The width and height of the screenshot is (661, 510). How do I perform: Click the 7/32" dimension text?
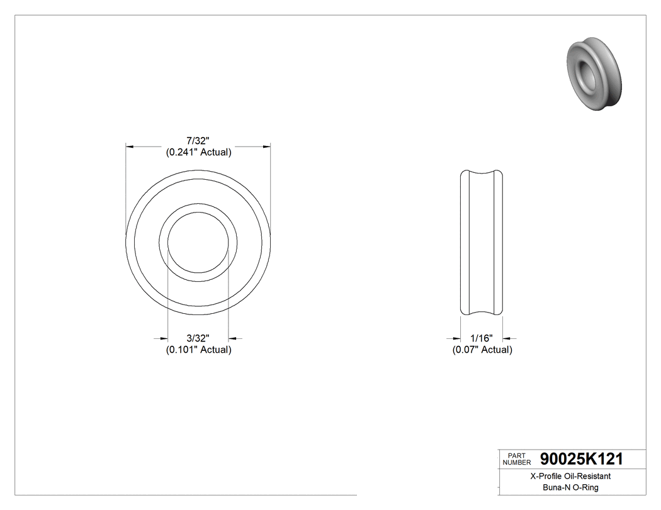[198, 140]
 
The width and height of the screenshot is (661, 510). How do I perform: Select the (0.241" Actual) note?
[198, 152]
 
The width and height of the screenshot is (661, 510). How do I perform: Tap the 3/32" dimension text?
[198, 338]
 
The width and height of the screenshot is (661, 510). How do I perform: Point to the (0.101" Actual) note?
[198, 350]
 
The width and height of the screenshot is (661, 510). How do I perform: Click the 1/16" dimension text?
[482, 338]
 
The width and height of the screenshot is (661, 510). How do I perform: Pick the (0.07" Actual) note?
[482, 350]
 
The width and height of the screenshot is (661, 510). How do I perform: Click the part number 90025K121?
[581, 460]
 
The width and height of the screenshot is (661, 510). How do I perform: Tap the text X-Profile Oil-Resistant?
[570, 476]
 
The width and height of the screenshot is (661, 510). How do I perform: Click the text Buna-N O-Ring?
[570, 487]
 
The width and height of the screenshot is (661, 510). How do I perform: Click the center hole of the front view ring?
[198, 242]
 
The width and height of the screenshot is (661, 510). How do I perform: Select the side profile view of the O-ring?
[482, 242]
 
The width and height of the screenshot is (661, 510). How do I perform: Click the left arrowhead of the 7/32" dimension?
[130, 147]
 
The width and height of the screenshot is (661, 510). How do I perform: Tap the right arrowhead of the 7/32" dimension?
[267, 147]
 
